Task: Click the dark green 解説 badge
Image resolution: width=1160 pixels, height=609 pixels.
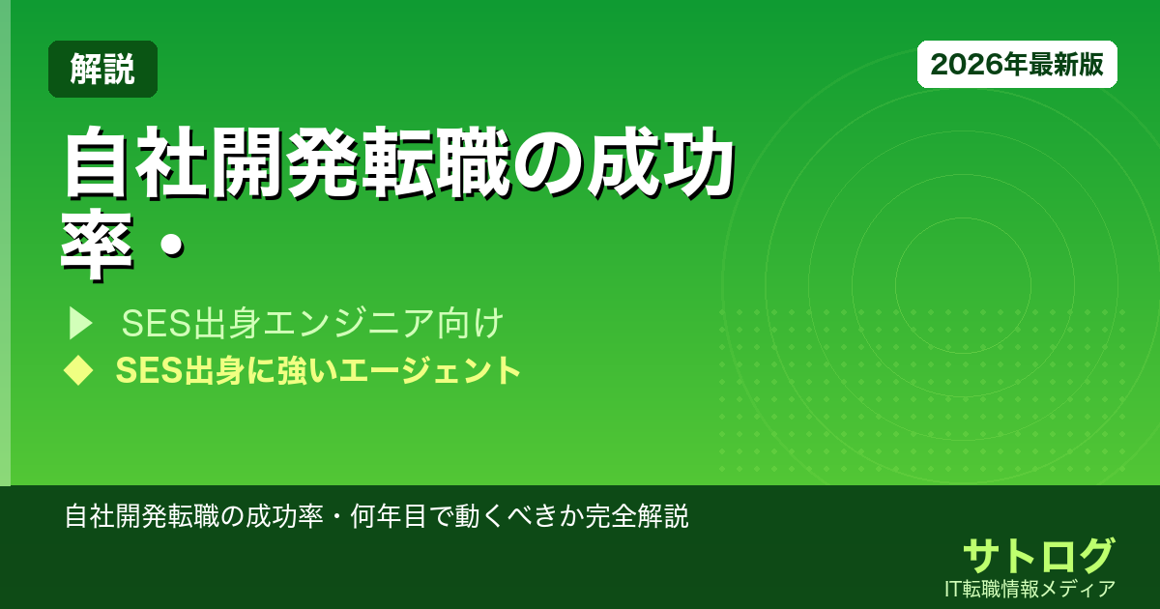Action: pos(102,69)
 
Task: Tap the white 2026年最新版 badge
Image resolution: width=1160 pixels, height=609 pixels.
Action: pos(1017,65)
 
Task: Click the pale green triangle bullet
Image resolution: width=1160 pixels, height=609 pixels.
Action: pos(80,323)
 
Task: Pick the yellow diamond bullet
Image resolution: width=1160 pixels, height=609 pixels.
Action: pos(77,370)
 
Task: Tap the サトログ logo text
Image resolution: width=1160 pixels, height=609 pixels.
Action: pos(1038,556)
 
